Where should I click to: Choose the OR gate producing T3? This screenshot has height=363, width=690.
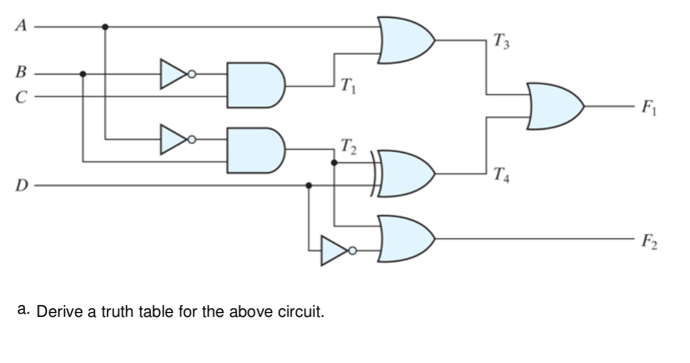pos(405,40)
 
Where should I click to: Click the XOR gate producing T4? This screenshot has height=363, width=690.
pos(405,174)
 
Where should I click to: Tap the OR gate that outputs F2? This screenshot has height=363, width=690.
pos(405,239)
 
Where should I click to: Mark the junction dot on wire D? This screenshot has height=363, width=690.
pos(308,186)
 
